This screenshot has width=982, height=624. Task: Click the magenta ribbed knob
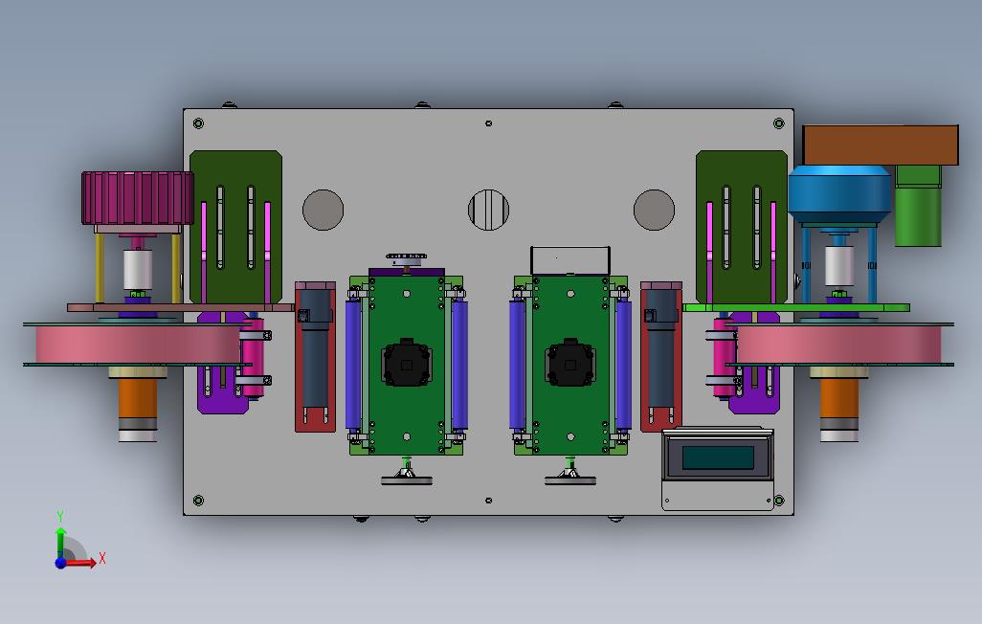click(137, 198)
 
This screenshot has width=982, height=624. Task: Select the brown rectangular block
click(881, 145)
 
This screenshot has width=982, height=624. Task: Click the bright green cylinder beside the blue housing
click(918, 206)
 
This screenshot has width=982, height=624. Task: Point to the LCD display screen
click(718, 457)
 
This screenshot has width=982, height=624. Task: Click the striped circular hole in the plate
click(488, 210)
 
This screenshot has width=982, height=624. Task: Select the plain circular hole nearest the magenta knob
click(324, 210)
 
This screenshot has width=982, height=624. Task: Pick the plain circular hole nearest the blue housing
click(654, 210)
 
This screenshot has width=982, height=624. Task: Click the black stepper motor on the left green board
click(407, 363)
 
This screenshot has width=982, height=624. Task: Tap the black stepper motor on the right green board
click(569, 363)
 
